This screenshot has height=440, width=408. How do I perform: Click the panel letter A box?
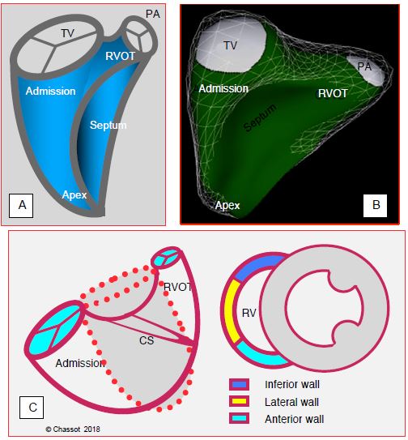(21, 205)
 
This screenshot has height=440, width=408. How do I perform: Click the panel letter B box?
(375, 205)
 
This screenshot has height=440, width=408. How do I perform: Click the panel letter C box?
(32, 407)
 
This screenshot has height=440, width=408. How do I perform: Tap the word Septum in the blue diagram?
(108, 125)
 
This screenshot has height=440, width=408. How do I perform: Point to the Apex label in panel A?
(74, 195)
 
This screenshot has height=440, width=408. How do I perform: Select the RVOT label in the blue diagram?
(121, 56)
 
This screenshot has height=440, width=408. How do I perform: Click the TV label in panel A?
(67, 33)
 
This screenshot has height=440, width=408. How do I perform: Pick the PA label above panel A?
(153, 14)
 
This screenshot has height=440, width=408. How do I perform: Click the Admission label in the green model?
(223, 88)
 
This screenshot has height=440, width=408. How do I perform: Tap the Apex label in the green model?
(227, 205)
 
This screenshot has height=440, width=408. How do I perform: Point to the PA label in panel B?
(364, 66)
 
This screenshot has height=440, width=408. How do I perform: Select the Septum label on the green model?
(260, 117)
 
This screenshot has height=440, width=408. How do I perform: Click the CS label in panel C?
(147, 340)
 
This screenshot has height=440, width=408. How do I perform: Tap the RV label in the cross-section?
(249, 313)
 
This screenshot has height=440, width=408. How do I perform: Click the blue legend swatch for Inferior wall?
(239, 384)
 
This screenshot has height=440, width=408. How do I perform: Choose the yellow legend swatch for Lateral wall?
(239, 401)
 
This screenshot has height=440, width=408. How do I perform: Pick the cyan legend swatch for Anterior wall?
(239, 418)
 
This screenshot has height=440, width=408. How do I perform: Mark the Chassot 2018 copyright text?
(73, 429)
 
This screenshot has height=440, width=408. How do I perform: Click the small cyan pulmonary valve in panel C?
(166, 258)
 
